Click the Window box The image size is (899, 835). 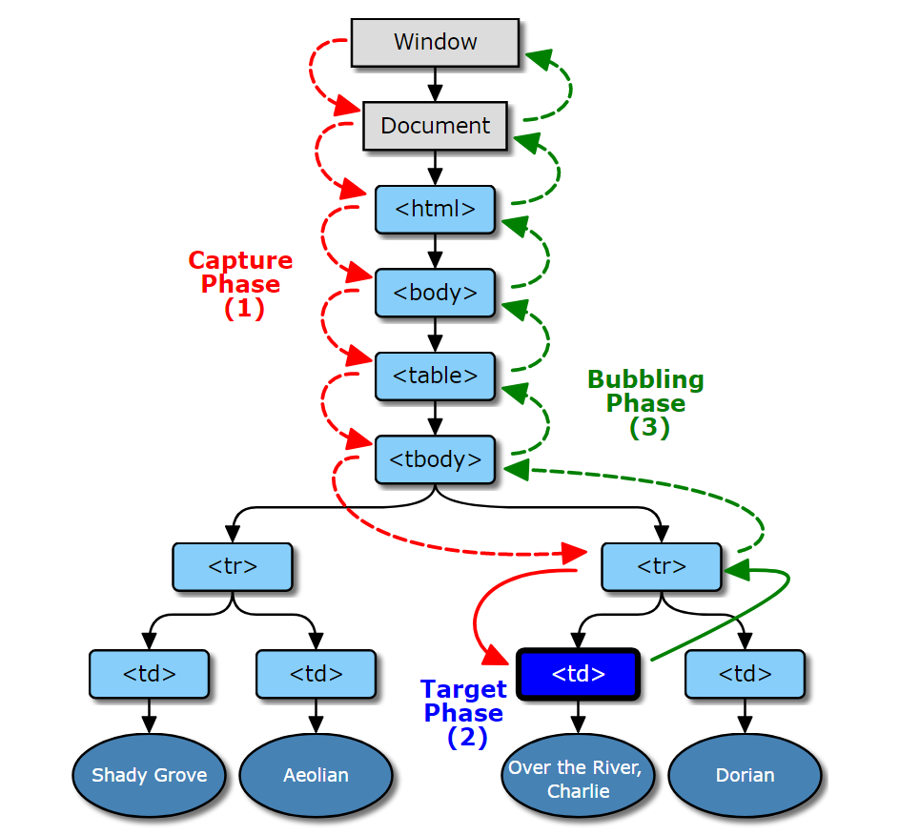click(435, 42)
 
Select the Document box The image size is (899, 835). click(435, 126)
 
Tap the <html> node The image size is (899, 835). click(435, 209)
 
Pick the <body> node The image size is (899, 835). click(435, 293)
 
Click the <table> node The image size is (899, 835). click(435, 376)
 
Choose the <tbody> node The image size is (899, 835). click(435, 459)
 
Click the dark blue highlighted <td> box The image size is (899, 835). click(578, 674)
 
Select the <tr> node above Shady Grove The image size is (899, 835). click(233, 566)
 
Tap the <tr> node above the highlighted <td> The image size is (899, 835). click(662, 566)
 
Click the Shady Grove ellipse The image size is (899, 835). click(149, 775)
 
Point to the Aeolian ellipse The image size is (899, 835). click(316, 775)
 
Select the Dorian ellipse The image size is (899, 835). click(745, 775)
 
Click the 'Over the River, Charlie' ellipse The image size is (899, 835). click(578, 775)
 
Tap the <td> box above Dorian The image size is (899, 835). click(745, 674)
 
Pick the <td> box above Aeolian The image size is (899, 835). click(316, 674)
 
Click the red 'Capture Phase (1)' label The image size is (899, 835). click(241, 284)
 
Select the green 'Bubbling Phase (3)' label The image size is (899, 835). click(646, 403)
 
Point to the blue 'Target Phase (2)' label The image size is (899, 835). click(464, 713)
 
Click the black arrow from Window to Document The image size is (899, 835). click(435, 84)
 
